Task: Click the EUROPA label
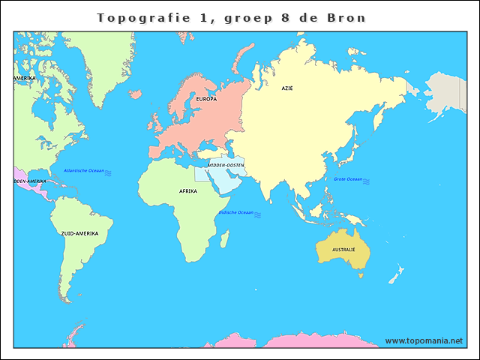coord(206,99)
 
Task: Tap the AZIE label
coord(287,88)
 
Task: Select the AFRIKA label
coord(187,191)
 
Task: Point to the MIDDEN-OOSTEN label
coord(226,165)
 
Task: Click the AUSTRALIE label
coord(343,249)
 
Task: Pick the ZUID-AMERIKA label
coord(79,233)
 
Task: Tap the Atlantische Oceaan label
coord(84,171)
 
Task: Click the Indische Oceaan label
coord(235,213)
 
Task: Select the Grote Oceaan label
coord(347,179)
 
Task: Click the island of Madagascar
coord(224,238)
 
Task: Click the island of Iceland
coord(135,94)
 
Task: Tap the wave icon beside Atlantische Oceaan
coord(108,172)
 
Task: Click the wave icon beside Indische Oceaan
coord(257,214)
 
